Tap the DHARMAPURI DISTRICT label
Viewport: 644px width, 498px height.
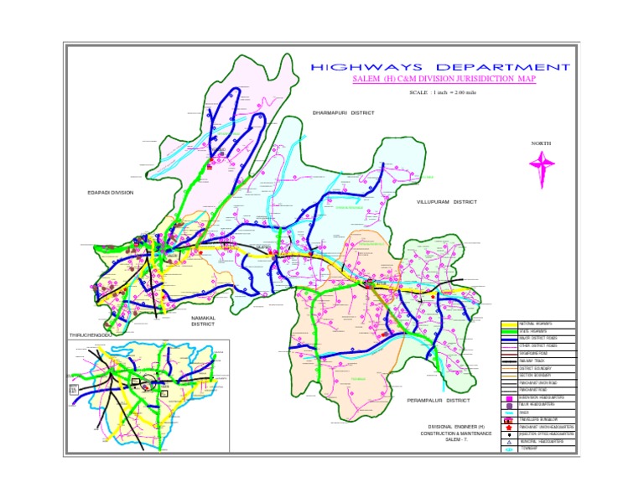[x=343, y=112]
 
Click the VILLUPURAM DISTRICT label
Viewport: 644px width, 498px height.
[x=447, y=202]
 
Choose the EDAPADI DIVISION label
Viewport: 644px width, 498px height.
[x=111, y=192]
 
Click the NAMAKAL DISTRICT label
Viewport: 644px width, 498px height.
[x=203, y=321]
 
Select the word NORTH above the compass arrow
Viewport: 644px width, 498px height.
[x=541, y=144]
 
